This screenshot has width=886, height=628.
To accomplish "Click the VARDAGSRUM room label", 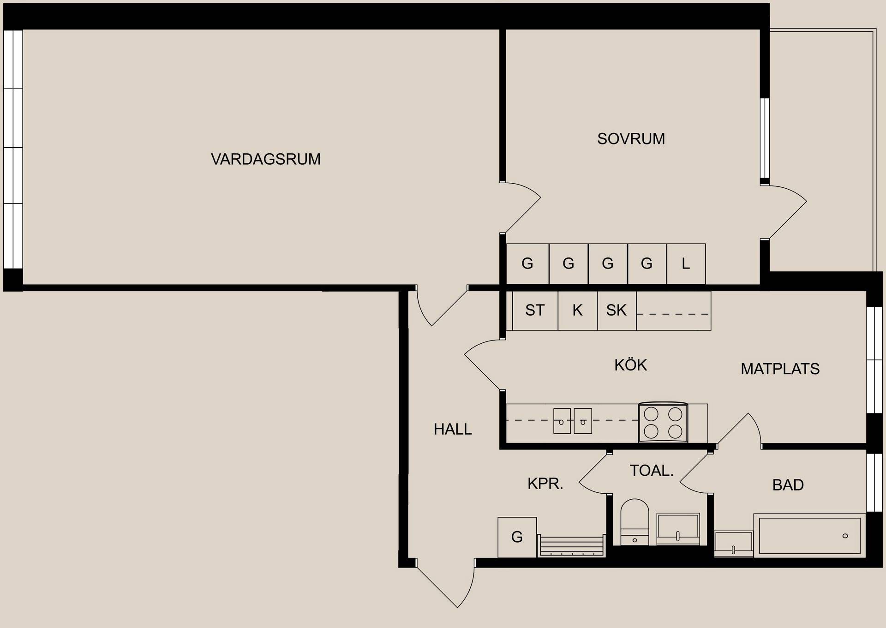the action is coord(265,159).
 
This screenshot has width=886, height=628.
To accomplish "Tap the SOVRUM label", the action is coord(631,139).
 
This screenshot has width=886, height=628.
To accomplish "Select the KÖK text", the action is coord(630,365).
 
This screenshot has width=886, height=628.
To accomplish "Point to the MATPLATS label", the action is coord(780,369).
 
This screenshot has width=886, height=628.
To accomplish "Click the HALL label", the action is coord(453,430).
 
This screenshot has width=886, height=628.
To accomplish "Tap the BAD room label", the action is coord(788,485).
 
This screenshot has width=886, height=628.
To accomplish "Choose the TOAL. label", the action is coord(652,471).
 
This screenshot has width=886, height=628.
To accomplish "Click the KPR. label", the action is coord(545,484).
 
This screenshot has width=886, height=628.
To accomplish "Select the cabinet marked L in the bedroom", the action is coord(686,264).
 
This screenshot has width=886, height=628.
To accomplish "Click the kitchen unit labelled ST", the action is coord(535,311).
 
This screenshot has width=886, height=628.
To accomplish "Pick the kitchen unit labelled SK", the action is coord(617,311).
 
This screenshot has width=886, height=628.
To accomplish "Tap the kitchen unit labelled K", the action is coord(578,311).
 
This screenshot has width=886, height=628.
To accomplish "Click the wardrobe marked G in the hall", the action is coord(517,537).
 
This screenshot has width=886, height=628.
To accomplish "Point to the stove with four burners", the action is coord(663,422).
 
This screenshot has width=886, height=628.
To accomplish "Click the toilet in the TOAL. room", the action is coord(635,522).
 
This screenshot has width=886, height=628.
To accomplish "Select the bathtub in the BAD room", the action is coord(810,535).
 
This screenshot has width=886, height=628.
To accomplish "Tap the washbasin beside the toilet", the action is coord(678,529).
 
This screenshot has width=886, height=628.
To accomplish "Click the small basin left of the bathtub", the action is coord(734,544).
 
